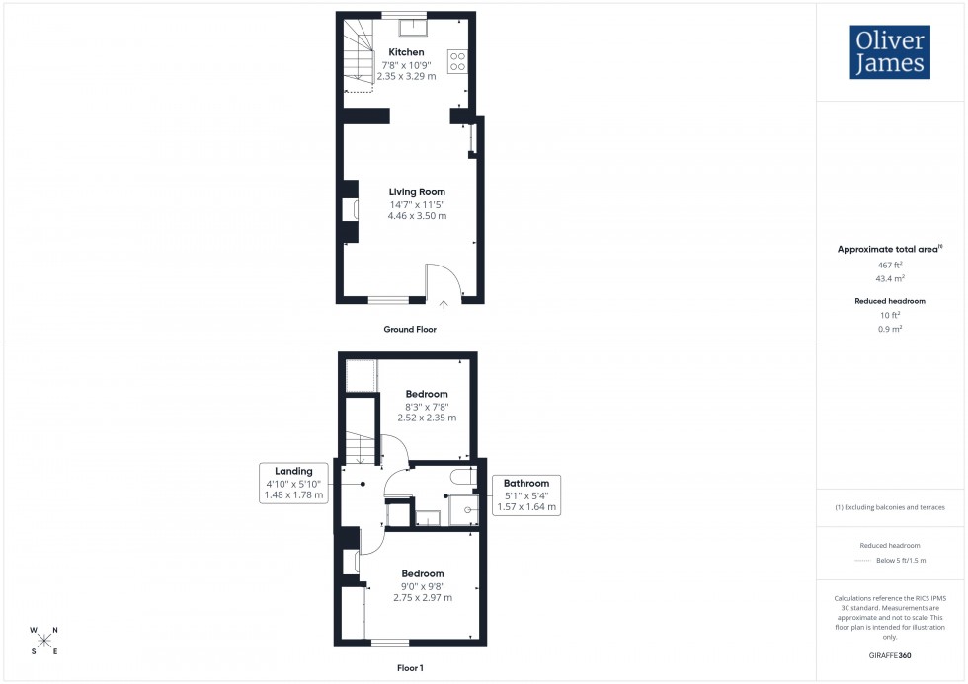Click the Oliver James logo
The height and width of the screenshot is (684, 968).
click(890, 51)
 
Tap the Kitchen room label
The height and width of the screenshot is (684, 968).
click(406, 52)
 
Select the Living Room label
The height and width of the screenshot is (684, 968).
click(416, 192)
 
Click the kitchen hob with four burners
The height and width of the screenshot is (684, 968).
click(457, 61)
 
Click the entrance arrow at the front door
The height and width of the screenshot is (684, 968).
click(444, 304)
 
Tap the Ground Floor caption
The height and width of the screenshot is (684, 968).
click(410, 329)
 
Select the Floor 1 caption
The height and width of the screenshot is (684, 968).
click(409, 668)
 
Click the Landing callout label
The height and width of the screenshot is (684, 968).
click(294, 471)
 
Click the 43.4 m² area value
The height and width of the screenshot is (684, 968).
click(891, 279)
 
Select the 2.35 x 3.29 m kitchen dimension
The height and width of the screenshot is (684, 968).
click(406, 76)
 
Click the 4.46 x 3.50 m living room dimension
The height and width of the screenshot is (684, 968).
click(416, 216)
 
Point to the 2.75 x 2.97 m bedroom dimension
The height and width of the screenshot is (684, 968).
click(423, 597)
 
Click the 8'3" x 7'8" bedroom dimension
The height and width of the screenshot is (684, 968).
click(427, 406)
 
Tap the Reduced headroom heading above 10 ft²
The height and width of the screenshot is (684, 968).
click(891, 301)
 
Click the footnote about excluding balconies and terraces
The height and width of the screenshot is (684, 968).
click(890, 507)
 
